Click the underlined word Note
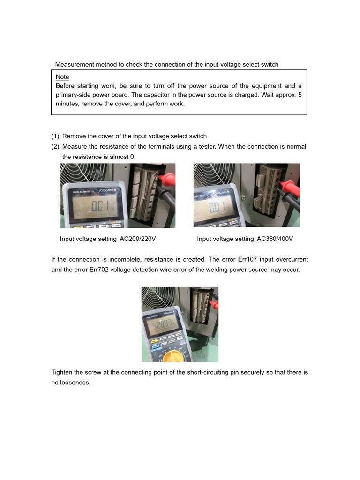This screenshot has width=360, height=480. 62,77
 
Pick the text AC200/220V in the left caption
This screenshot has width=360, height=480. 138,239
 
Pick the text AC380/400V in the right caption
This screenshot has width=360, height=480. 275,239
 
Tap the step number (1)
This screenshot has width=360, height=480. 55,136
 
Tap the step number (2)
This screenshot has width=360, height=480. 55,147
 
